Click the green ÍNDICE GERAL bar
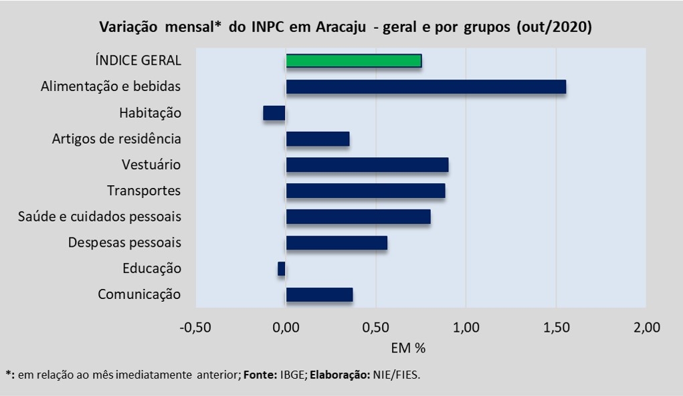[x=354, y=61]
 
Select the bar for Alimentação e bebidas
[x=426, y=87]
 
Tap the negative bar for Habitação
[x=274, y=113]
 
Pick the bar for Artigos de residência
[x=318, y=139]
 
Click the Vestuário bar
[x=367, y=165]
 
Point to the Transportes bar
[x=365, y=191]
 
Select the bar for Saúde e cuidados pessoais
[x=358, y=217]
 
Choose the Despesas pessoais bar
[x=336, y=243]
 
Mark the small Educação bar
[x=282, y=269]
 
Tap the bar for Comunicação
[x=319, y=295]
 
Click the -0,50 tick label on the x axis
[x=196, y=328]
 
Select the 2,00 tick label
[x=646, y=328]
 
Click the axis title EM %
[x=408, y=348]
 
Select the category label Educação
[x=152, y=269]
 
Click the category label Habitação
[x=151, y=113]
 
